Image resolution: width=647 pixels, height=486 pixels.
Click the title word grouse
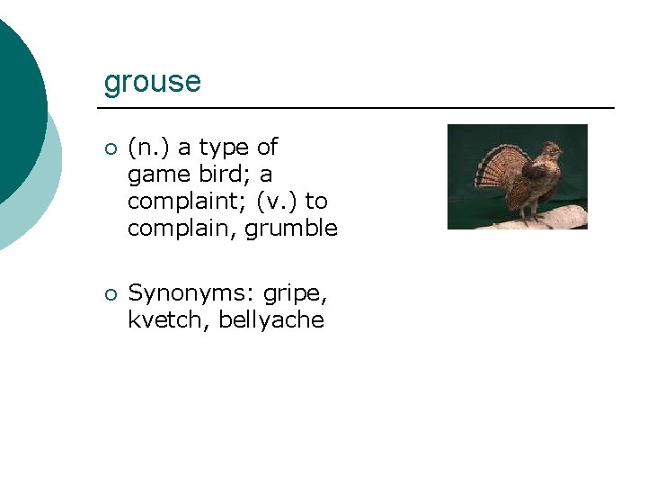(x=152, y=82)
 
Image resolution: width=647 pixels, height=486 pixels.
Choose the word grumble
(x=291, y=229)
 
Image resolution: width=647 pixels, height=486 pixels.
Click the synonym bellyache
(x=270, y=320)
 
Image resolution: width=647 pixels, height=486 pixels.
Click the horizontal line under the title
(x=359, y=108)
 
